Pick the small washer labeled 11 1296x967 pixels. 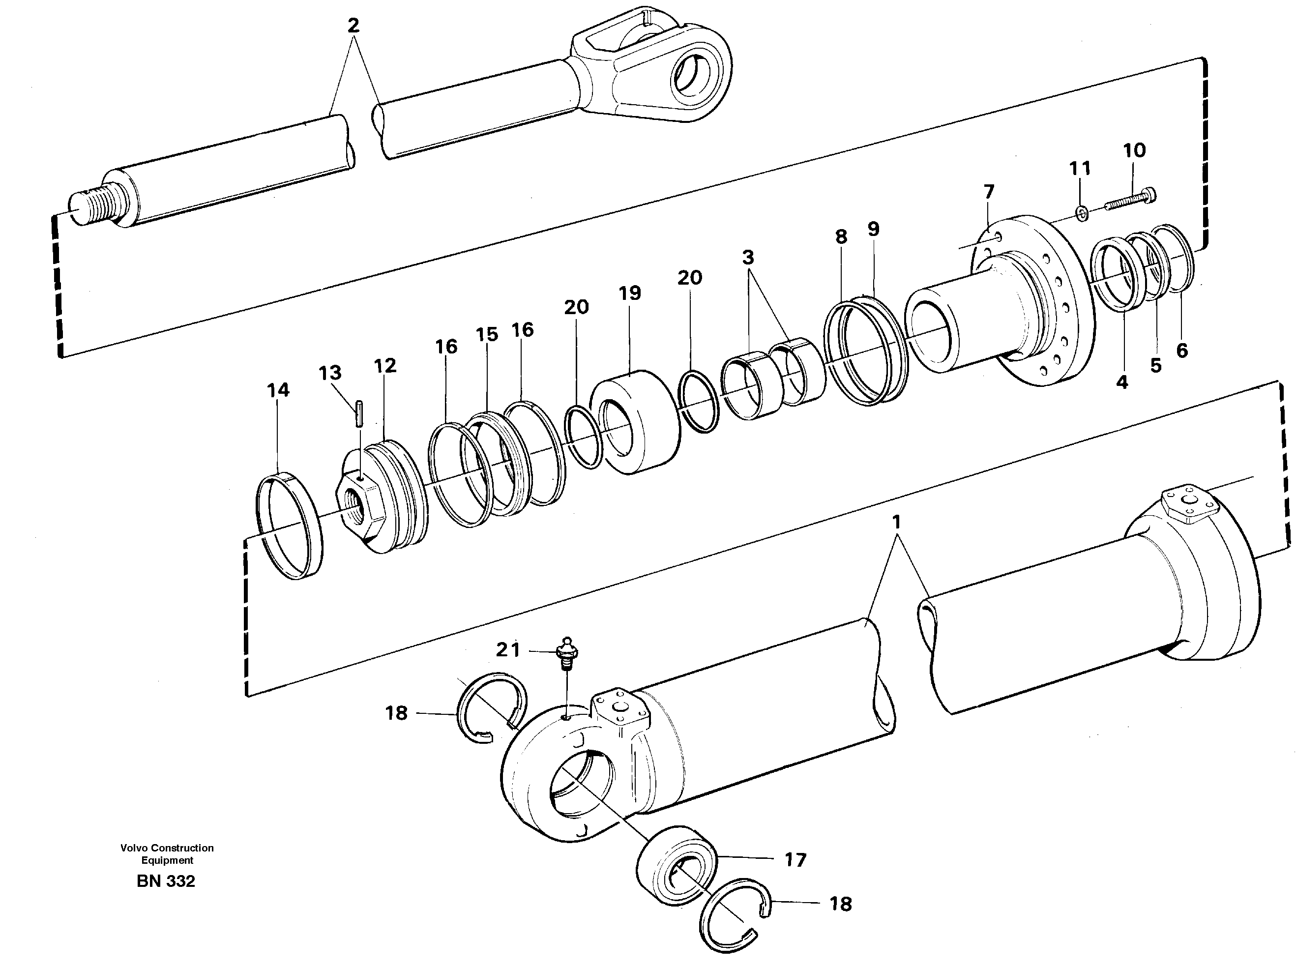tap(1082, 214)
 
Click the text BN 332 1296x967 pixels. tap(166, 881)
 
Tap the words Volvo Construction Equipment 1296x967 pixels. tap(167, 853)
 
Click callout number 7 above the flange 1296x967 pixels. tap(989, 191)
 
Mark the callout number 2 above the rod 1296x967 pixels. tap(353, 26)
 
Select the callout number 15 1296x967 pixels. tap(486, 335)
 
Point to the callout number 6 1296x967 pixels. tap(1182, 350)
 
